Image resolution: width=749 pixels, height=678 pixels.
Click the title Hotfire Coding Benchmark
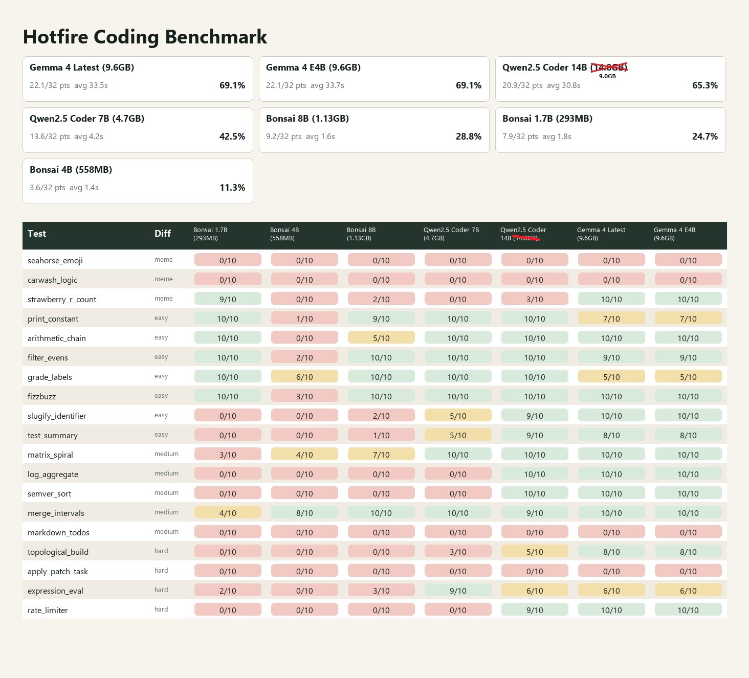[145, 37]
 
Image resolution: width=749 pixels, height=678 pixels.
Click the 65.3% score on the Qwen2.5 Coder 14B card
[704, 85]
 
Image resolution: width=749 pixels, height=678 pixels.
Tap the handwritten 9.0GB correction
[607, 76]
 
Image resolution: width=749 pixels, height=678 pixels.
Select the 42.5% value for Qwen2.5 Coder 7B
[232, 137]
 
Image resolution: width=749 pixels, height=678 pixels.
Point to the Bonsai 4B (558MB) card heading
[71, 170]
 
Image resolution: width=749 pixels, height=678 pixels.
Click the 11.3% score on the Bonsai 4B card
[232, 188]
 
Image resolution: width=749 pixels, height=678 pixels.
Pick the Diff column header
[163, 234]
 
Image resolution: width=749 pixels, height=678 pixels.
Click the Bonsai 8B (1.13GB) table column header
[361, 234]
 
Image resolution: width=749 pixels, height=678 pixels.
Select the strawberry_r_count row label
[62, 300]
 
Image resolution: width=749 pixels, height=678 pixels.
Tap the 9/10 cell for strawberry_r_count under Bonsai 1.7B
[228, 299]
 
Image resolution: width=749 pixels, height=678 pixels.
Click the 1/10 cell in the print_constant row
[304, 319]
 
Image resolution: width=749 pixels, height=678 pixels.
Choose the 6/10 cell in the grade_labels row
[304, 377]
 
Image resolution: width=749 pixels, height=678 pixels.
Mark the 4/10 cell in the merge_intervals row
[228, 513]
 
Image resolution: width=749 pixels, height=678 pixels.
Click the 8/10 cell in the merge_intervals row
[304, 513]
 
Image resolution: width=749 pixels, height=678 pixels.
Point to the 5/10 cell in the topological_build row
[535, 552]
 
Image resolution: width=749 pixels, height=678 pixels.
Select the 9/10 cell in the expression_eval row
[458, 591]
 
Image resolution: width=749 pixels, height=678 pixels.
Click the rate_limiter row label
[48, 611]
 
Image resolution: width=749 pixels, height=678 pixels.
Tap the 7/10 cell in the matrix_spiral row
[381, 455]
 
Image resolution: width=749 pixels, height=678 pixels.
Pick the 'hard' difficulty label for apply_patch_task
[161, 571]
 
